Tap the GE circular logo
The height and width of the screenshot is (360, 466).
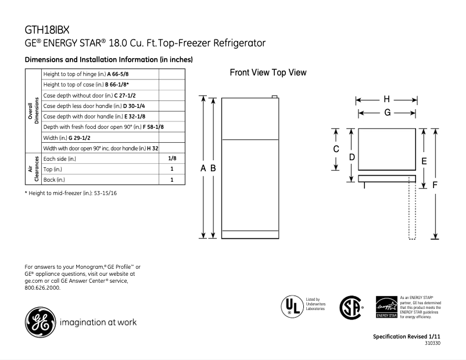[x=40, y=321]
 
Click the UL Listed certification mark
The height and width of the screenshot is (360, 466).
[x=291, y=306]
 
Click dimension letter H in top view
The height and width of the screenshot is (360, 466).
[x=386, y=100]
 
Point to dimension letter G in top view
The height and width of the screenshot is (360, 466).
[x=386, y=113]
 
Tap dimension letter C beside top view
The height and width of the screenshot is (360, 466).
[x=336, y=149]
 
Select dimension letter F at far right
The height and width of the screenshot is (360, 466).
[x=435, y=185]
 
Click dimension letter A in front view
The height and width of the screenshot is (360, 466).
[x=203, y=168]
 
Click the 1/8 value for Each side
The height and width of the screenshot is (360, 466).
[x=172, y=158]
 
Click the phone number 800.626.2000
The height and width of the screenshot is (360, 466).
[x=42, y=287]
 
